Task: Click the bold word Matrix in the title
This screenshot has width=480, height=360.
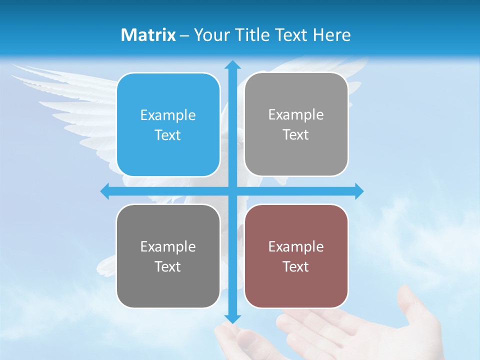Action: (x=148, y=35)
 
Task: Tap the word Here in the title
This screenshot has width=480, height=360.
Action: (x=331, y=35)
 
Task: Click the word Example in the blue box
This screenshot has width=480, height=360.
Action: (x=168, y=115)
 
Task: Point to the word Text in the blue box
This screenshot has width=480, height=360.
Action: (x=168, y=135)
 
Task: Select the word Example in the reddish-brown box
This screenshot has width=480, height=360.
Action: (x=296, y=246)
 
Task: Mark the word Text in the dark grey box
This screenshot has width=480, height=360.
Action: (x=168, y=266)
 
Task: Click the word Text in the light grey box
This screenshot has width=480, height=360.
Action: (x=296, y=135)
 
